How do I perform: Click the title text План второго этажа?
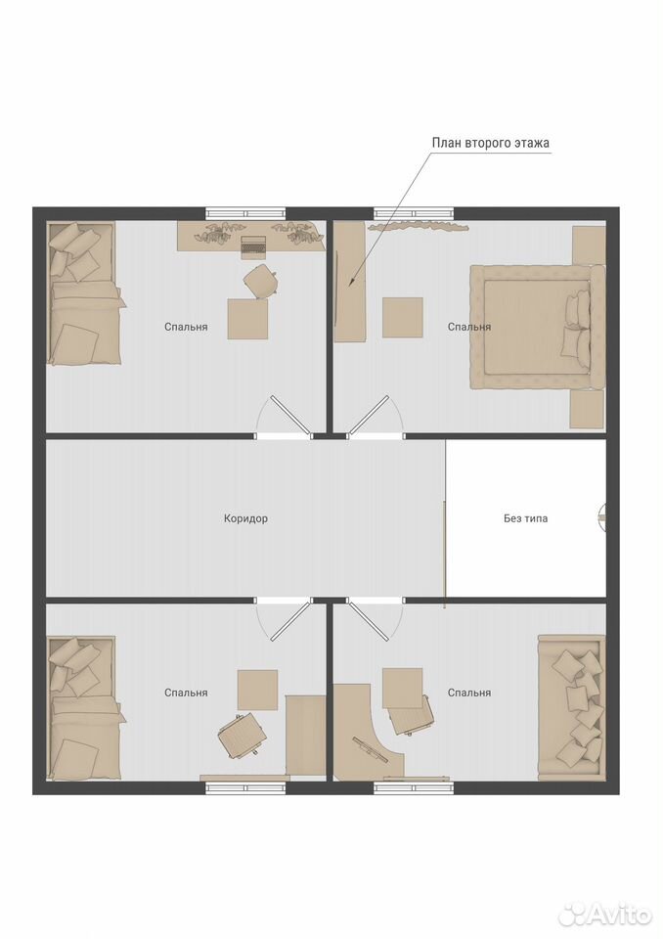point(491,143)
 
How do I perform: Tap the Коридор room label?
point(245,518)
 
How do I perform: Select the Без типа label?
point(525,518)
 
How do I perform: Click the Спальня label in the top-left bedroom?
point(186,327)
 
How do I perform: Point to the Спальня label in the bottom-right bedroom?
point(469,693)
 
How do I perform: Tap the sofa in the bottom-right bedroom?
point(571,705)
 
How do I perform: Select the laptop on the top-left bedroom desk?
point(253,246)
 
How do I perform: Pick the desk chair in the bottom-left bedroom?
point(242,736)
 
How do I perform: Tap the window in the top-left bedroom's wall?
point(245,214)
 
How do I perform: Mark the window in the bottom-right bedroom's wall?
point(414,788)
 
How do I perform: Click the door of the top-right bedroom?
point(369,415)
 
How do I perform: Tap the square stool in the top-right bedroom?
point(403,317)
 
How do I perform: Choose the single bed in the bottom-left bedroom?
point(85,708)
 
